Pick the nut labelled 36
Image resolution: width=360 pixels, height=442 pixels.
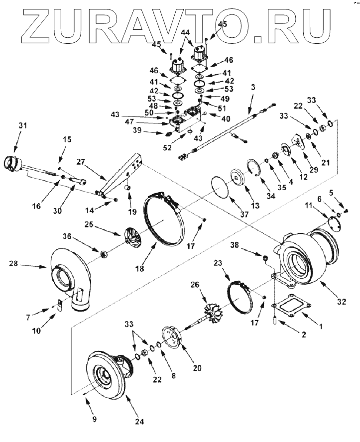click(105, 255)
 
